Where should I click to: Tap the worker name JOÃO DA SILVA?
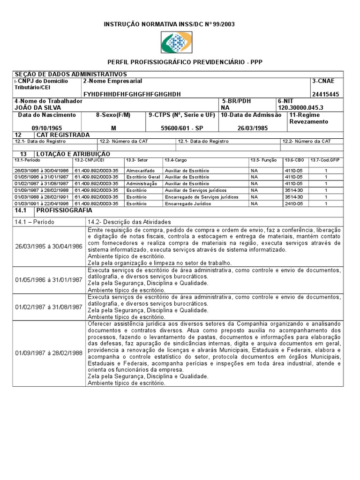tap(38, 107)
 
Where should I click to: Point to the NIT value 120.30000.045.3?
tap(300, 107)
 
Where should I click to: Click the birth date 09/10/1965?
tap(47, 128)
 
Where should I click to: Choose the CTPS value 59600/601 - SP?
tap(182, 128)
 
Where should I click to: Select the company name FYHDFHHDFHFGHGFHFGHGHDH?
tap(132, 94)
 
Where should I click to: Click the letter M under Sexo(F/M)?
tap(113, 128)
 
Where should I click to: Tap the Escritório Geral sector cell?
tap(143, 177)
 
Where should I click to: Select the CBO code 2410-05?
tap(293, 204)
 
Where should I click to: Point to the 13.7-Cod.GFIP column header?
tap(326, 160)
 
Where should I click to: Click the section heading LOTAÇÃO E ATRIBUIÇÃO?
tap(73, 154)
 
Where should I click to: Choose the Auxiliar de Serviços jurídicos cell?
tap(195, 190)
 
